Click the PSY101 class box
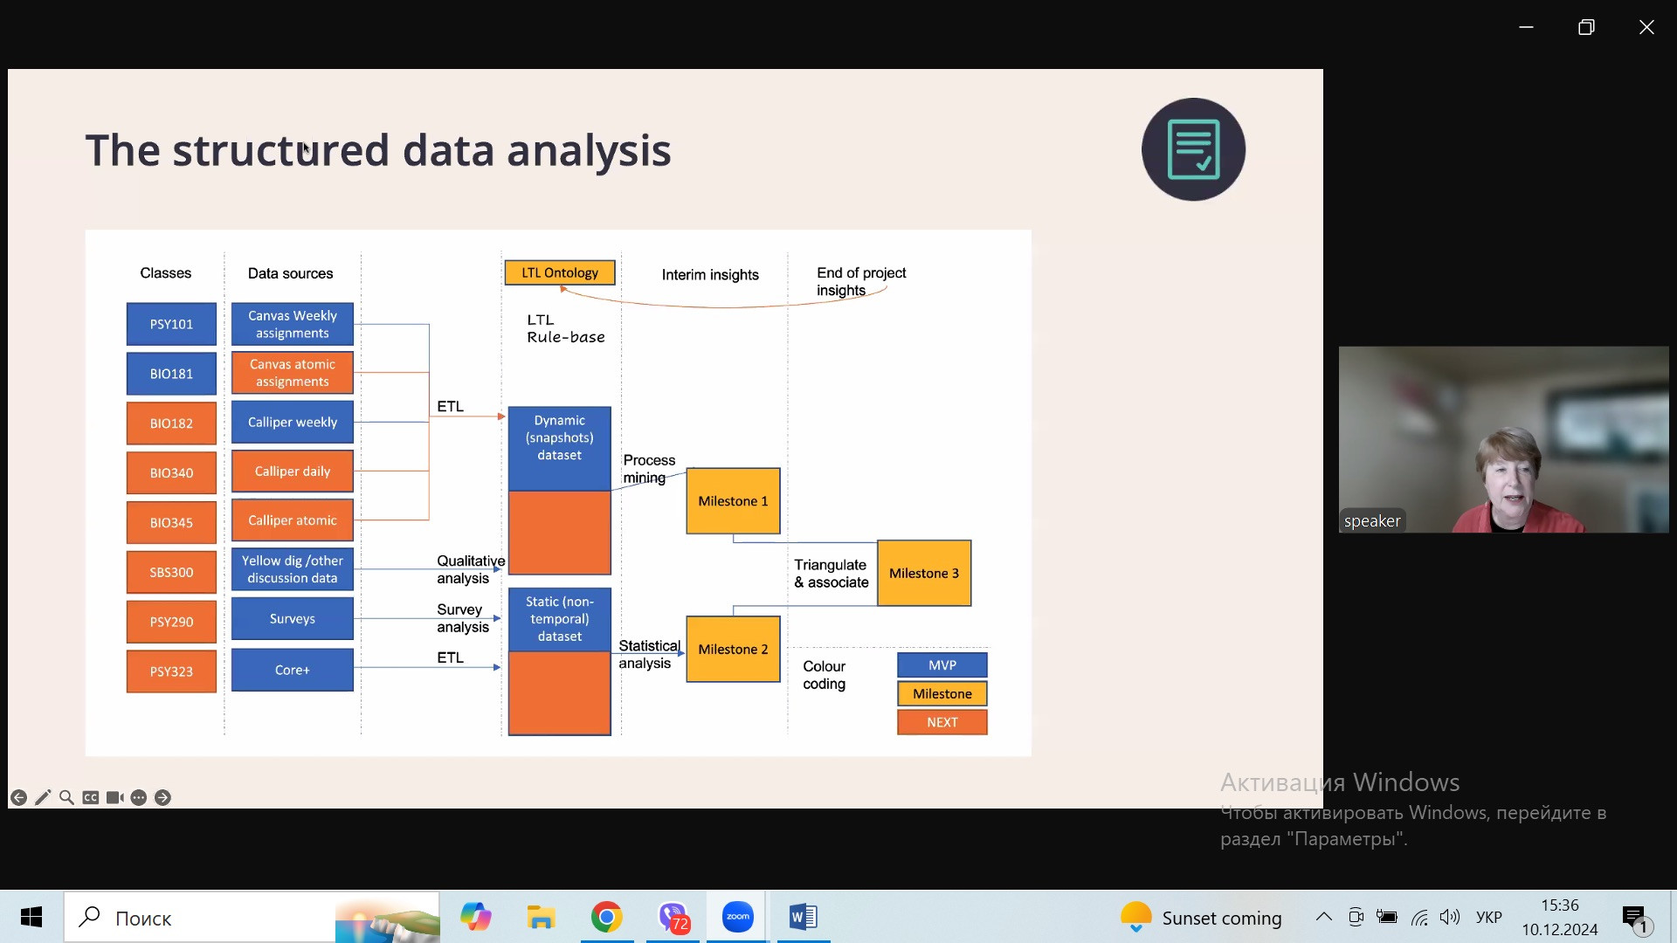[x=171, y=324]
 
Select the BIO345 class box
[x=171, y=523]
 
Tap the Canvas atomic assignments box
[x=293, y=373]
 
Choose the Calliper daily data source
[x=293, y=471]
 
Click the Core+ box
[x=293, y=670]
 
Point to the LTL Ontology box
[x=560, y=272]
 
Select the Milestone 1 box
[x=733, y=501]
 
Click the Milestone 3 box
[x=924, y=573]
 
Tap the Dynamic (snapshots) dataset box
[x=560, y=438]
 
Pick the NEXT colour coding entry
[x=942, y=722]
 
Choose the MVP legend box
[x=942, y=664]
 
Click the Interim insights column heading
[x=710, y=274]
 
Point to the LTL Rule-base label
[x=565, y=328]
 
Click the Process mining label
[x=649, y=469]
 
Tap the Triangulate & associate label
[x=831, y=574]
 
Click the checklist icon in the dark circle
[x=1193, y=149]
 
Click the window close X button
[x=1646, y=27]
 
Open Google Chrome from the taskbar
[x=606, y=917]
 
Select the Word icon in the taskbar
[x=803, y=917]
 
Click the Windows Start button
[x=31, y=917]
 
